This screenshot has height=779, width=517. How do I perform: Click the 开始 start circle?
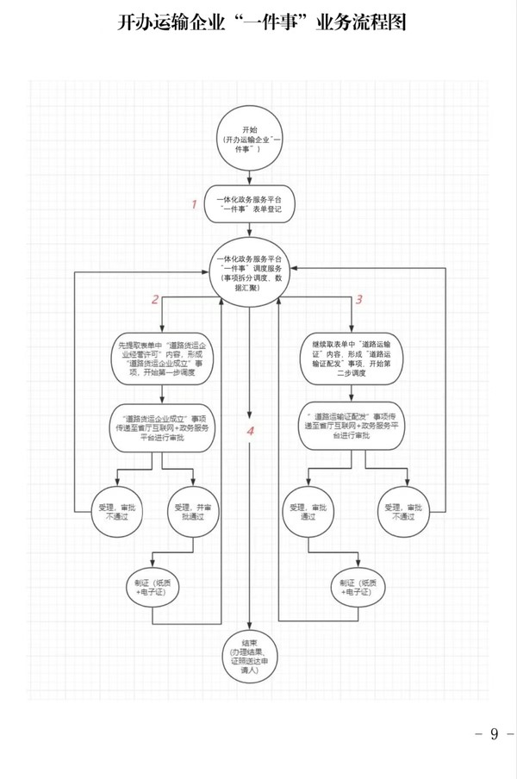[x=250, y=138]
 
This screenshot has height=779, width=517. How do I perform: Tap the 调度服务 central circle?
[x=250, y=273]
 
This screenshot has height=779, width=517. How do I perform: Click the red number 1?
[x=195, y=204]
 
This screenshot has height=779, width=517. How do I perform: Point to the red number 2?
[x=155, y=300]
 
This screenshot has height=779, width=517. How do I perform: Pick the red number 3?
[x=358, y=300]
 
